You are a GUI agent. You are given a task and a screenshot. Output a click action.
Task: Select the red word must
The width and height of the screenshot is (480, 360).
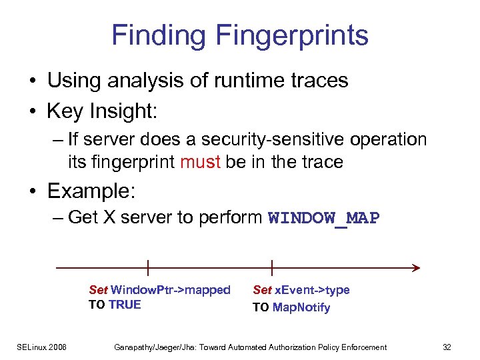pos(199,161)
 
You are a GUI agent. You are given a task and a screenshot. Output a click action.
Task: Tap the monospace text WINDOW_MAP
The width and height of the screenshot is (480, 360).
pos(323,218)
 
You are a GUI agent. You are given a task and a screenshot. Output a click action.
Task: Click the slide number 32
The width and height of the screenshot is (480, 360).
pos(447,347)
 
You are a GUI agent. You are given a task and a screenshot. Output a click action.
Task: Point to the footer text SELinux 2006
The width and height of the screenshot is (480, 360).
pos(43,347)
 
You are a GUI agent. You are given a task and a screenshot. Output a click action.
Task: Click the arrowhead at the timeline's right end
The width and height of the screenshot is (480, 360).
pos(416,268)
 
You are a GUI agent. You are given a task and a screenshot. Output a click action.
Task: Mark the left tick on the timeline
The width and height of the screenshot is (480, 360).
pos(147,268)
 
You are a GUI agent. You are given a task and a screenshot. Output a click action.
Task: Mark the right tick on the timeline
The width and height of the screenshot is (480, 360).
pos(272,268)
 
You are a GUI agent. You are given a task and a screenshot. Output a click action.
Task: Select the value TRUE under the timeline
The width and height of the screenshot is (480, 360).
pos(125,305)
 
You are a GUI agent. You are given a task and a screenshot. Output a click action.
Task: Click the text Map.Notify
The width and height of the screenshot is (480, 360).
pos(301,307)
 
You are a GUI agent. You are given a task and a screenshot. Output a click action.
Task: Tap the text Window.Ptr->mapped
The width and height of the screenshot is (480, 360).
pos(170,290)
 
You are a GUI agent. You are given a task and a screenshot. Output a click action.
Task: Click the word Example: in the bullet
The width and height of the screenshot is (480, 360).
pos(91,191)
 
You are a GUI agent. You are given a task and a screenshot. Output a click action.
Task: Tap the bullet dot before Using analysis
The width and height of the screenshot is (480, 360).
pos(33,81)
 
